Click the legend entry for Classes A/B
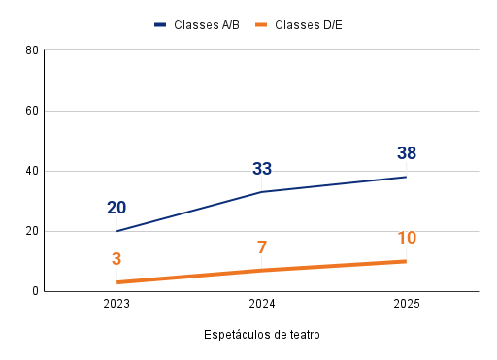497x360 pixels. (x=201, y=24)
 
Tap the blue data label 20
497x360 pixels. (x=116, y=208)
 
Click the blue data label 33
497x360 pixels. (x=262, y=169)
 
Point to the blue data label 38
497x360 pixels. (x=407, y=153)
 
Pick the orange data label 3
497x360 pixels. (x=116, y=259)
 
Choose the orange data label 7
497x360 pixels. (x=262, y=247)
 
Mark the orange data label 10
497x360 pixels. (x=407, y=238)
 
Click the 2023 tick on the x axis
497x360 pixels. (x=116, y=304)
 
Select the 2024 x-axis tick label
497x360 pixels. (x=262, y=304)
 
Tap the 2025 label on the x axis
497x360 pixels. (x=407, y=304)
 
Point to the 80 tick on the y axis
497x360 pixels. (x=32, y=50)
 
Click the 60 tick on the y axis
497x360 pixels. (x=32, y=111)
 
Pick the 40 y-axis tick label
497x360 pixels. (x=32, y=171)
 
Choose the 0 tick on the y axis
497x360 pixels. (x=35, y=291)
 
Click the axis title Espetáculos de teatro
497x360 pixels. (x=262, y=335)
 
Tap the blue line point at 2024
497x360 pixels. (x=262, y=192)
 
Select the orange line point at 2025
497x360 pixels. (x=407, y=261)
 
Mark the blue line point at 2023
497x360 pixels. (x=116, y=231)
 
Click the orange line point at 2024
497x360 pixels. (x=262, y=270)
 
